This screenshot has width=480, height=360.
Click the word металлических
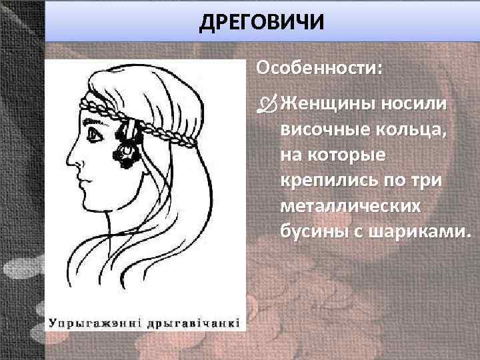coord(351,206)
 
